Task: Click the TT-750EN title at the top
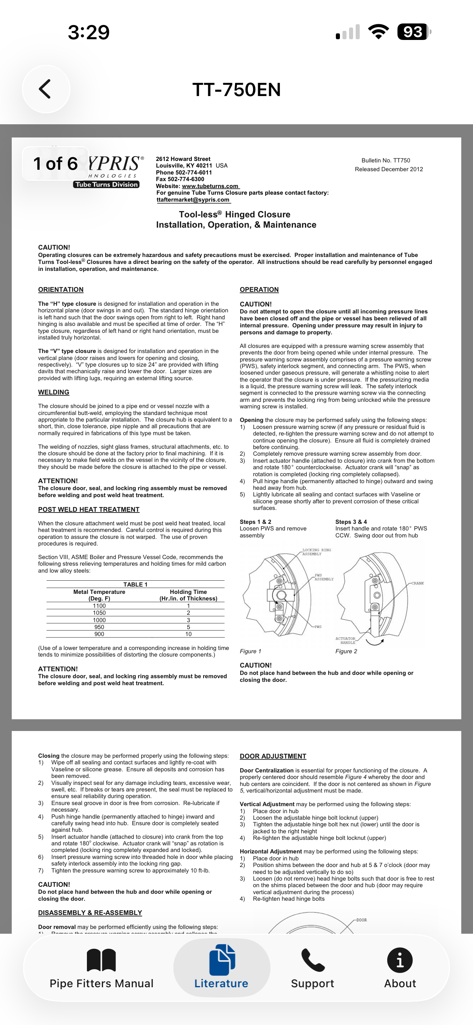(x=236, y=89)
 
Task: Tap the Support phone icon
(x=312, y=960)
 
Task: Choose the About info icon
(x=400, y=960)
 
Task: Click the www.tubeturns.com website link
(x=210, y=186)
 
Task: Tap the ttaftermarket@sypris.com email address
(x=193, y=200)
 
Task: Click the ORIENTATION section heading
(x=61, y=290)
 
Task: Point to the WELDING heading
(x=54, y=392)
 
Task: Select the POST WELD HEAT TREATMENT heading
(x=89, y=509)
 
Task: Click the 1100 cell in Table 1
(x=99, y=606)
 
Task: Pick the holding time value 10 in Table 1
(x=188, y=634)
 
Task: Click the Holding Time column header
(x=188, y=592)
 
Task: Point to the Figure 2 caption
(x=346, y=651)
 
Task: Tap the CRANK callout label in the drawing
(x=418, y=583)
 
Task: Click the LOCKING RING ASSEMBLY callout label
(x=316, y=552)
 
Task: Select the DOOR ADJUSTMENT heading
(x=273, y=756)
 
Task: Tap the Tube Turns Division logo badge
(x=106, y=184)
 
